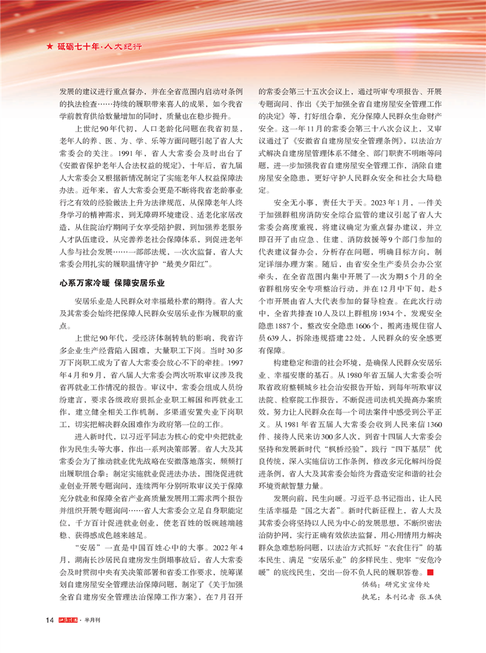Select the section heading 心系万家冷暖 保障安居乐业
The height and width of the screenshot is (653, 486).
tap(111, 282)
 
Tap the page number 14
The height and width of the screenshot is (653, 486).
tap(51, 620)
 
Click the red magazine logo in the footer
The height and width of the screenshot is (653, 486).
tap(71, 620)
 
